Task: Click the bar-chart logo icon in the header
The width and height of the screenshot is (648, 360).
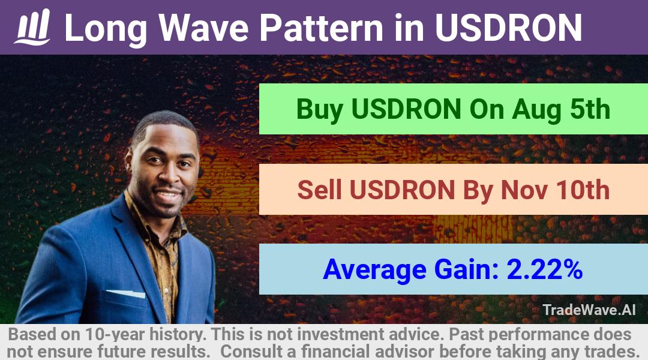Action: (x=32, y=27)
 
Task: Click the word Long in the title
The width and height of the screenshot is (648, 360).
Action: (x=106, y=28)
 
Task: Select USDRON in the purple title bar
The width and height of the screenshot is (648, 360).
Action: (x=508, y=28)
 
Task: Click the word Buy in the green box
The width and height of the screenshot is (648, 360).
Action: (x=319, y=110)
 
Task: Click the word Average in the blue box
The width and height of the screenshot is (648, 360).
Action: (x=374, y=270)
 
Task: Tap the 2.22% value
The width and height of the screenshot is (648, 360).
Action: (x=544, y=269)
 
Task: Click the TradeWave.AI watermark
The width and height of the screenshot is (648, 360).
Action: (x=589, y=310)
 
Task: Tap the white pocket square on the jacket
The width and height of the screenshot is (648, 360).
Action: (x=126, y=293)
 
